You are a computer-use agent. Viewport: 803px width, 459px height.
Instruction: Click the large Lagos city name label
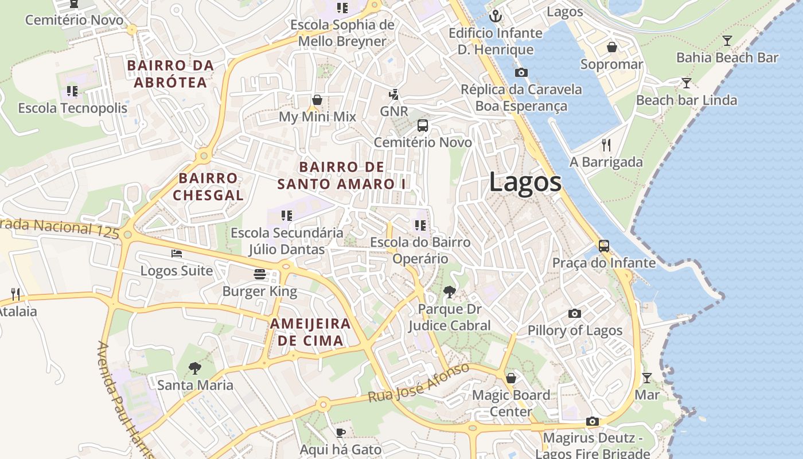tap(525, 182)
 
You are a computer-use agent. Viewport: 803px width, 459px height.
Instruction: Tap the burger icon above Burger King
tap(260, 274)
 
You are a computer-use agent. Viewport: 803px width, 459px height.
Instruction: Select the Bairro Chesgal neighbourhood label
tap(208, 186)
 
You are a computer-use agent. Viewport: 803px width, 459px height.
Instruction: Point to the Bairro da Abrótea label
tap(170, 74)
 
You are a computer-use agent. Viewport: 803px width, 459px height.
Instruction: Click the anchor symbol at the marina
tap(495, 15)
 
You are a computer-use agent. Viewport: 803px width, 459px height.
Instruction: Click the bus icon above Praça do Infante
tap(603, 246)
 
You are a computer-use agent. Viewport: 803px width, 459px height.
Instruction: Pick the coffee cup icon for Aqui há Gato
tap(341, 433)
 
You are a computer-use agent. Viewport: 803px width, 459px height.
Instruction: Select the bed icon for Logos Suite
tap(177, 254)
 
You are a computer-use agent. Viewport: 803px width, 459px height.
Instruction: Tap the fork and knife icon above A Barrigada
tap(606, 145)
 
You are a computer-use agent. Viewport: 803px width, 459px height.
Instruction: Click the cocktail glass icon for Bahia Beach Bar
tap(727, 40)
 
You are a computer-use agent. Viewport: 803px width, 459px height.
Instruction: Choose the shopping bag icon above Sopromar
tap(611, 47)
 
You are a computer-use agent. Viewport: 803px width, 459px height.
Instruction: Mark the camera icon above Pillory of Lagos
tap(574, 313)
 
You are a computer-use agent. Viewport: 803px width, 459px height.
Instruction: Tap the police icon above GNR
tap(393, 94)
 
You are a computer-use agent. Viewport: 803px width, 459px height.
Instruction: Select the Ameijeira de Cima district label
tap(310, 332)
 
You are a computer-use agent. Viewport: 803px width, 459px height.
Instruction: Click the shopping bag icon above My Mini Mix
tap(317, 100)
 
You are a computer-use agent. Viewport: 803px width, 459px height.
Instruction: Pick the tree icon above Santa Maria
tap(195, 368)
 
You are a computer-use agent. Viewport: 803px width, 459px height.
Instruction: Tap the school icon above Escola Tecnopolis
tap(72, 91)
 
